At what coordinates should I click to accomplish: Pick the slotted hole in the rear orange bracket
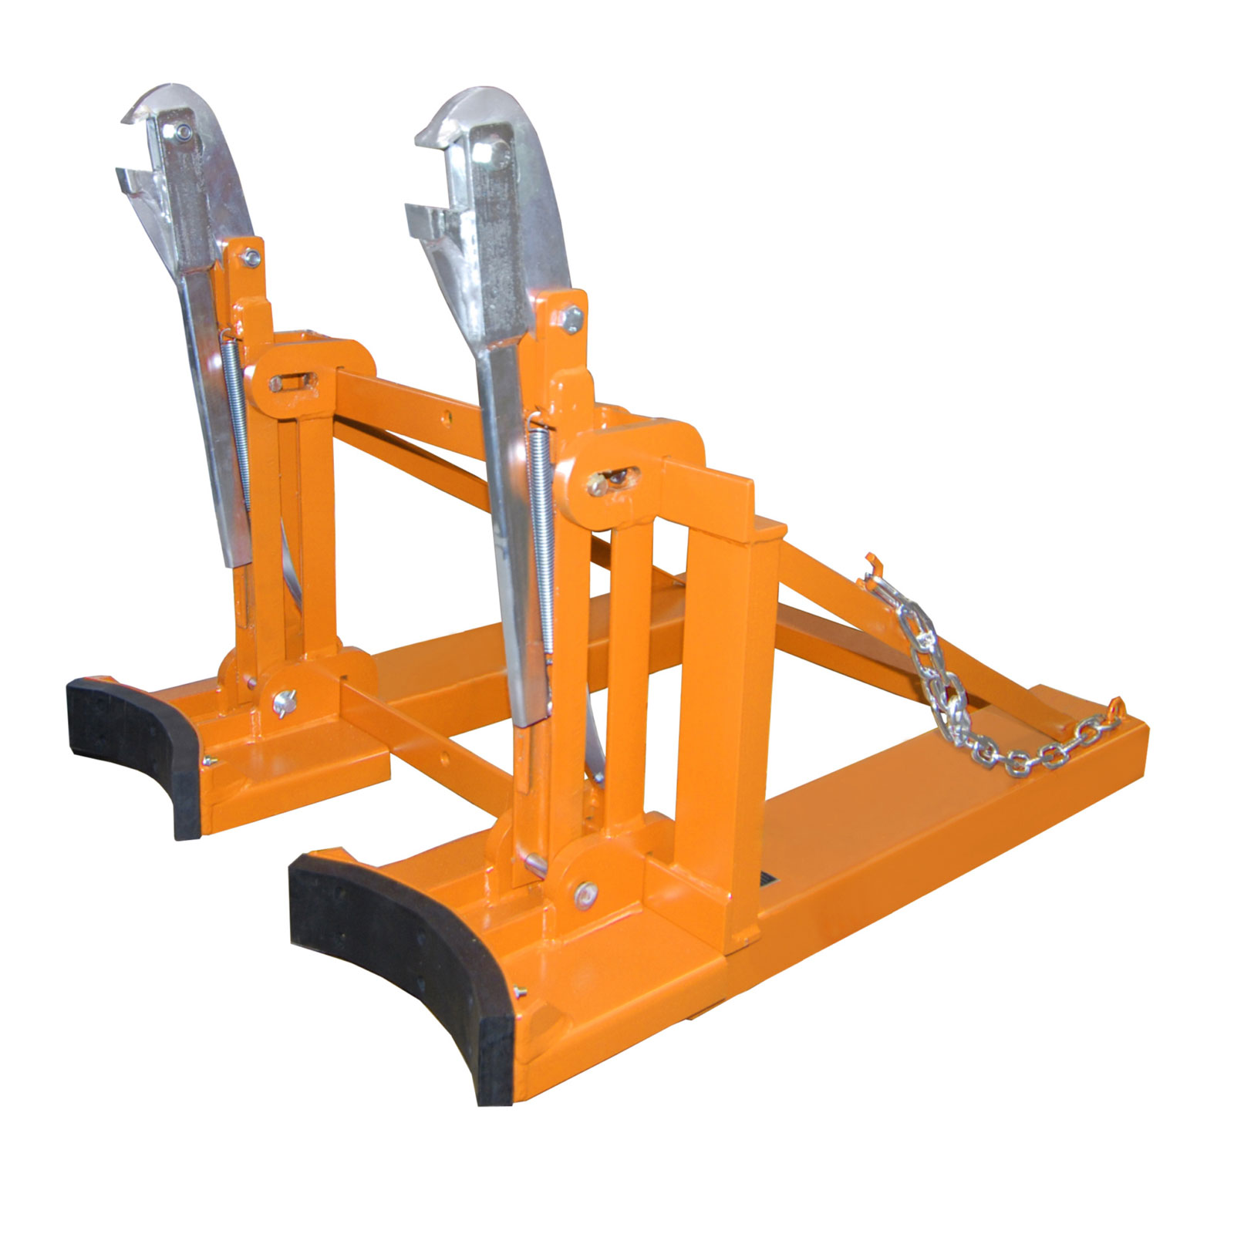289,382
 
